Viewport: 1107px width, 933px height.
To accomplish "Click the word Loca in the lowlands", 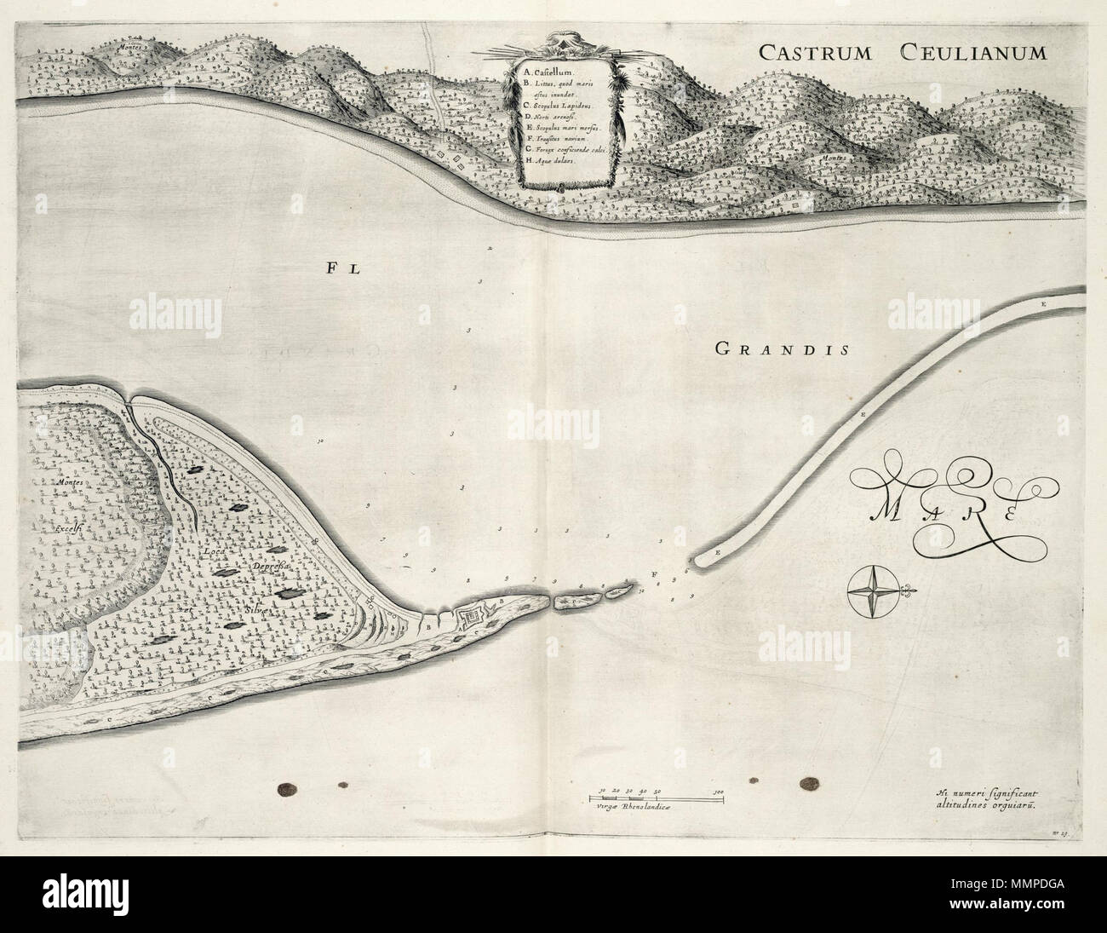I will tap(215, 551).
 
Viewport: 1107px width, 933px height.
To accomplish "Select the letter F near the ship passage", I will tap(654, 574).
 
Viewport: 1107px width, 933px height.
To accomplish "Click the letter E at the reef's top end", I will tap(1042, 304).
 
